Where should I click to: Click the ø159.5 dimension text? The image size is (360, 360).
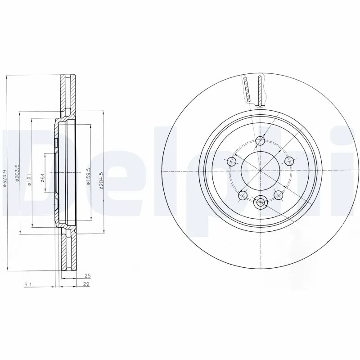pos(88,176)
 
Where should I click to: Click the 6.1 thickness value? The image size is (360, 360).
pos(27,284)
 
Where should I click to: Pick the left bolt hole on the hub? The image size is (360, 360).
pos(232,161)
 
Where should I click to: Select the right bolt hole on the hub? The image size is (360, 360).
pos(288,161)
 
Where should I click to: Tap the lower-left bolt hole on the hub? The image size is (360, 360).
pos(243,194)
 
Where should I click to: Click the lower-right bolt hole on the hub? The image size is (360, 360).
pos(278,194)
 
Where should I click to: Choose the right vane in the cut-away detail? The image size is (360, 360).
pos(260,89)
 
